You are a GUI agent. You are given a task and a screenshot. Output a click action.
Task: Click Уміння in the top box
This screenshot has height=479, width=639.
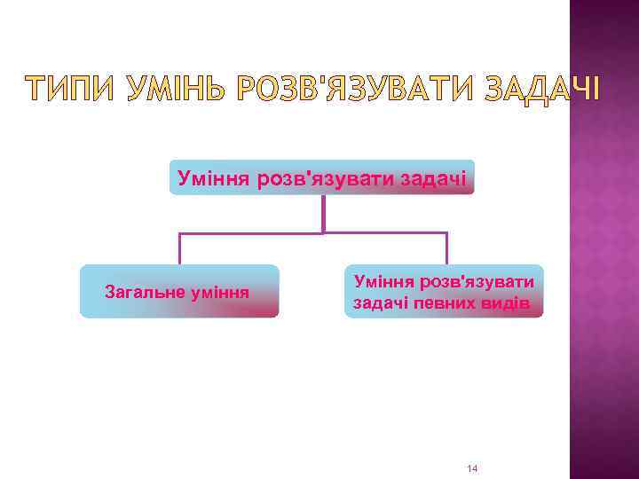[x=214, y=178]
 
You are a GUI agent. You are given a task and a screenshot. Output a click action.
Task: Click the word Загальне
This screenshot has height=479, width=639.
[x=144, y=291]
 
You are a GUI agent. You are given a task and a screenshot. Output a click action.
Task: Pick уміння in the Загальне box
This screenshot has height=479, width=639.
[x=219, y=291]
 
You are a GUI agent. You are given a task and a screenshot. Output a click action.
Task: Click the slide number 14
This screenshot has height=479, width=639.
[x=472, y=467]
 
